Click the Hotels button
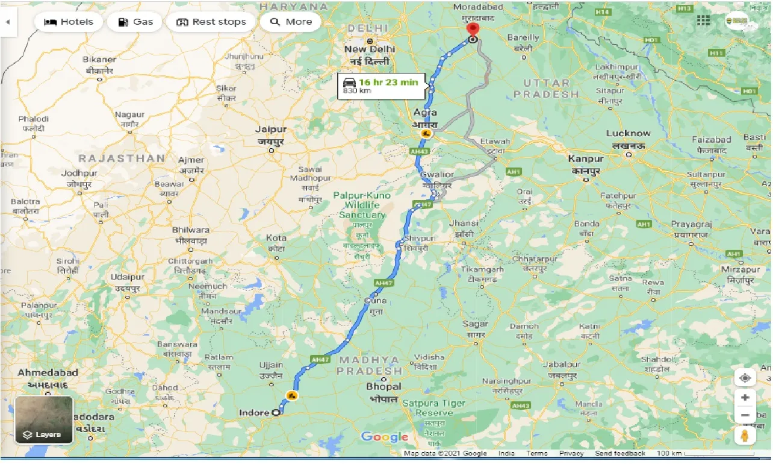click(x=69, y=22)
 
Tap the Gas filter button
click(x=136, y=22)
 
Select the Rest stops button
click(x=211, y=22)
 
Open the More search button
click(x=291, y=22)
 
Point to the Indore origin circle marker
click(x=276, y=413)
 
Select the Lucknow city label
click(x=629, y=133)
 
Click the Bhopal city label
click(x=383, y=386)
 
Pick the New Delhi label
click(x=369, y=49)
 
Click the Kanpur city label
click(x=586, y=159)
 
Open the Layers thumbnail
click(x=44, y=420)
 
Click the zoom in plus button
click(x=745, y=398)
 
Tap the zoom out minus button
click(x=745, y=415)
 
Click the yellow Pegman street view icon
click(x=745, y=436)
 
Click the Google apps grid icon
click(x=703, y=20)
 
